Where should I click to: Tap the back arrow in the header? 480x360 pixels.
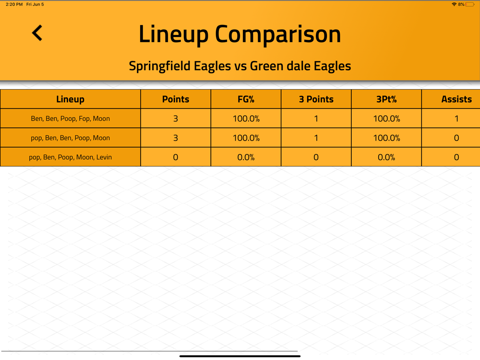coord(37,33)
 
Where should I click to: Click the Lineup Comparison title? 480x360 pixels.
coord(240,34)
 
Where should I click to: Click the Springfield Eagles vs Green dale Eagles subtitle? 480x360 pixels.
coord(240,66)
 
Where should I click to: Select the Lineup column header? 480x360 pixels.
coord(70,99)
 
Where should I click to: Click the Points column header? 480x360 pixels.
coord(175,99)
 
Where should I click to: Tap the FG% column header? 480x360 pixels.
coord(246,99)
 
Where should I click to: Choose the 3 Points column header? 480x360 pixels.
coord(316,99)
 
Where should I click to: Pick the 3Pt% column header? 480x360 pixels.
coord(386,99)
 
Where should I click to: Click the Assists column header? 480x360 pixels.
coord(456,99)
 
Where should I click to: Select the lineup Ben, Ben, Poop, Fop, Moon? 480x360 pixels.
coord(70,119)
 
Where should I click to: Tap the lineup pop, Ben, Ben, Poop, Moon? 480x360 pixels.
coord(70,138)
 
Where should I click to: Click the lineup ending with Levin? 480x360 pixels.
coord(70,157)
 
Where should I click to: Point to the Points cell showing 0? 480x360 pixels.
coord(175,157)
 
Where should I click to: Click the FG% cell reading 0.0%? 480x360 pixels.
coord(246,157)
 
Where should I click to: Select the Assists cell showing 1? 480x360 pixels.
coord(456,119)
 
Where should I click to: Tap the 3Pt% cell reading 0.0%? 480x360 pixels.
coord(386,157)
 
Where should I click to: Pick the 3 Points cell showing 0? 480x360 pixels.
coord(316,157)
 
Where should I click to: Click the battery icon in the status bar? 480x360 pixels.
coord(470,4)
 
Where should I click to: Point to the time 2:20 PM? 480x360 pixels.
coord(14,4)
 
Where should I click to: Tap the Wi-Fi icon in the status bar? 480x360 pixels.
coord(454,4)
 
